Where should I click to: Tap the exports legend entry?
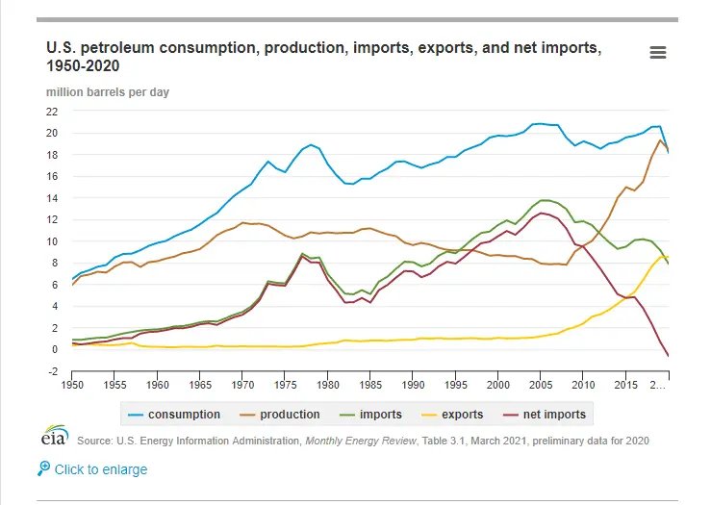(461, 415)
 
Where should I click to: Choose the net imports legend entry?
(549, 415)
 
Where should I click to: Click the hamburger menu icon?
(658, 53)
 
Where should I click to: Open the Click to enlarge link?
(101, 469)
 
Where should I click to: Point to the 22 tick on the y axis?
(54, 111)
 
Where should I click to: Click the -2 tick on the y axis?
(54, 371)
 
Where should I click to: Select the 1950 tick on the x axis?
(72, 385)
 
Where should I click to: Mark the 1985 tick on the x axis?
(369, 385)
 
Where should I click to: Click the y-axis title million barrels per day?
(108, 91)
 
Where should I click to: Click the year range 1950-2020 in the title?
(84, 65)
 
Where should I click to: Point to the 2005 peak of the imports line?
(544, 200)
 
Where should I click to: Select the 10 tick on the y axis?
(54, 240)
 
